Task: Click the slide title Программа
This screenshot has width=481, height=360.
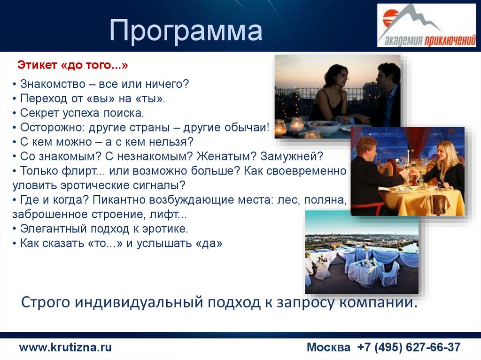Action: coord(186,30)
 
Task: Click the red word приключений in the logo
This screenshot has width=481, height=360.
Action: coord(450,40)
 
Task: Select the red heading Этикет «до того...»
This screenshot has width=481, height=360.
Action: coord(73,65)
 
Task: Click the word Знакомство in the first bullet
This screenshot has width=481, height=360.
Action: coord(53,84)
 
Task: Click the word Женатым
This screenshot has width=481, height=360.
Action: coord(226,156)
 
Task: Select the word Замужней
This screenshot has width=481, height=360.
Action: coord(292,156)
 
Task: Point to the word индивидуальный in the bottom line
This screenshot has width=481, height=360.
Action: coord(139,302)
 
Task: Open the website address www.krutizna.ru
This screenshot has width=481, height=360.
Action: coord(65,347)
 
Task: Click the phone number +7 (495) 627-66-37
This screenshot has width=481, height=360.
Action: coord(409,347)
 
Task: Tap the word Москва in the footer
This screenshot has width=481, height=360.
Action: coord(328,347)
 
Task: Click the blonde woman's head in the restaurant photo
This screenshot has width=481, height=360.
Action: coord(444,153)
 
